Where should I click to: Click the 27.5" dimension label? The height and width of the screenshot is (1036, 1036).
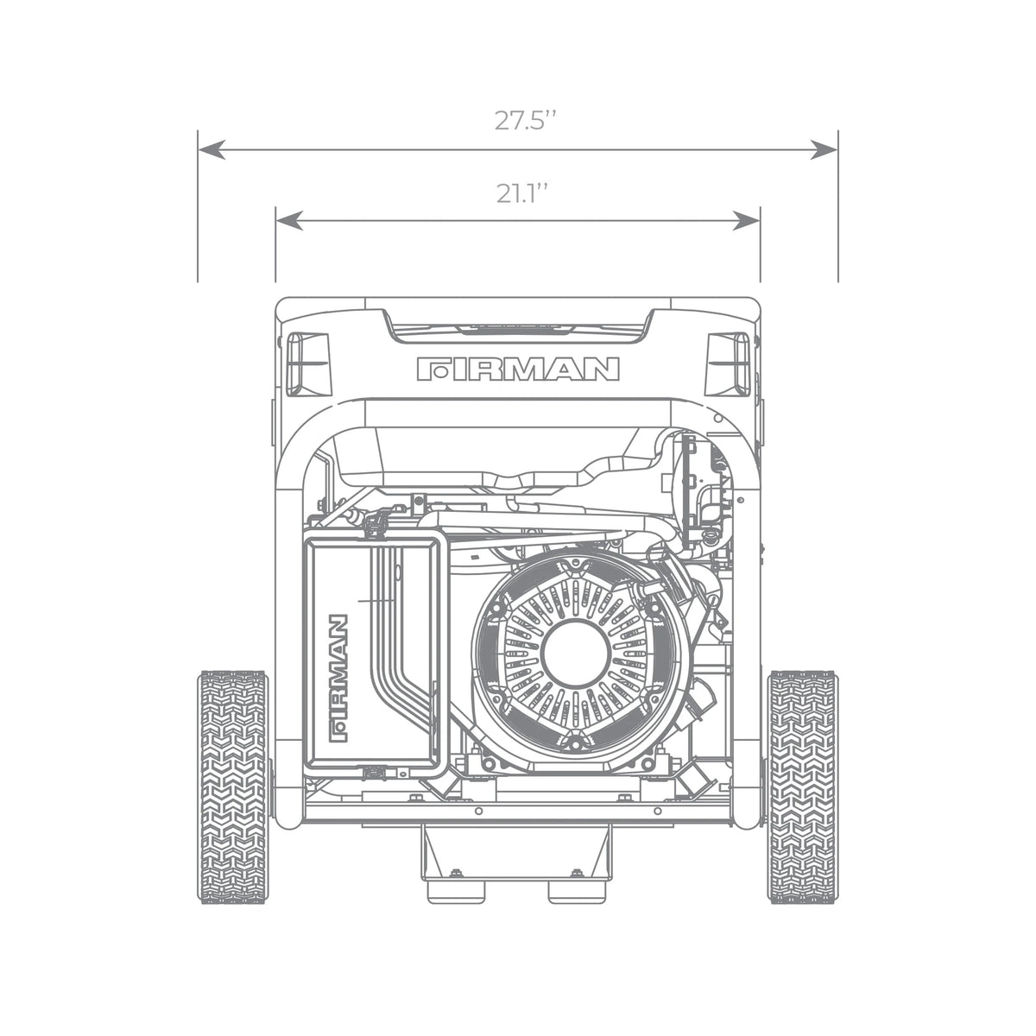tap(524, 120)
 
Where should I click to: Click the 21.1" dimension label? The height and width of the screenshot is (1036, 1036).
tap(521, 193)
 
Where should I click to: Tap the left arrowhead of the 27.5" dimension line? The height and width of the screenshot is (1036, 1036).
tap(212, 150)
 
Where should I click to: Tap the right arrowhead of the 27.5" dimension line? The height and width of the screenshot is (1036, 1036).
tap(824, 150)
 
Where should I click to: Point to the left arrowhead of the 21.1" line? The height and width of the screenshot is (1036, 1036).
tap(289, 220)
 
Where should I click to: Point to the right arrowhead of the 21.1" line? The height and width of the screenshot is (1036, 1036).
tap(747, 220)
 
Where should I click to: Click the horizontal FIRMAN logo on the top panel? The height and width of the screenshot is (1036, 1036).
tap(518, 370)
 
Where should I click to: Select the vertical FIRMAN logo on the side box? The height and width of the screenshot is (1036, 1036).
tap(338, 678)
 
